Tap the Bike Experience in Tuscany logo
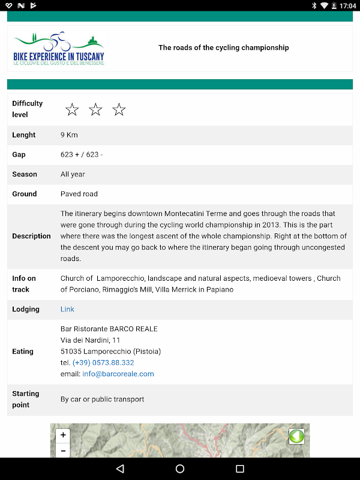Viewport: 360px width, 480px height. click(59, 48)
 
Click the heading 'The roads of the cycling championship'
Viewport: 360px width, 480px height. click(223, 47)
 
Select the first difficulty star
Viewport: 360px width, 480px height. click(72, 109)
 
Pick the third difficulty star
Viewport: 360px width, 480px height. click(119, 109)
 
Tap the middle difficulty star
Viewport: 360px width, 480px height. click(95, 109)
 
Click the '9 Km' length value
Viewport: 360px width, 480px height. click(69, 135)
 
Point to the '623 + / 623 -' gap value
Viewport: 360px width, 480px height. click(82, 155)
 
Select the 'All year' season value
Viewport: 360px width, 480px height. click(73, 174)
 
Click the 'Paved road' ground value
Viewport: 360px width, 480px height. click(79, 194)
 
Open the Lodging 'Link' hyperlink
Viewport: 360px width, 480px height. click(67, 309)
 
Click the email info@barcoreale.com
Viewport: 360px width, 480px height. click(118, 374)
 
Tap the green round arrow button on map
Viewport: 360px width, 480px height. click(296, 436)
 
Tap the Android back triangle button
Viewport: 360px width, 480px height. click(120, 469)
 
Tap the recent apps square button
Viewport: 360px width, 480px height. click(240, 469)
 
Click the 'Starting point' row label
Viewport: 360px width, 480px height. click(26, 399)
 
